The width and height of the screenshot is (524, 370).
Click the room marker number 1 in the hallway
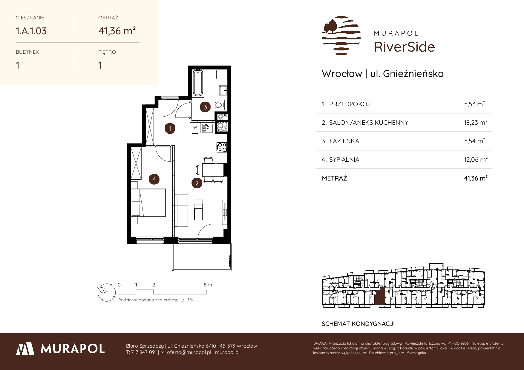coord(170,129)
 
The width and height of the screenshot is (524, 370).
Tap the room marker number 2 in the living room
coord(197,183)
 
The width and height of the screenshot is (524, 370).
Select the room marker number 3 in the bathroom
coord(205,107)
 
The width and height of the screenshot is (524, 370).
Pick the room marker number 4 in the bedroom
coord(154,179)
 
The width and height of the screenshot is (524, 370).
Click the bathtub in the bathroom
coord(198,84)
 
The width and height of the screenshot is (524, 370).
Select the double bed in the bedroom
coord(148,202)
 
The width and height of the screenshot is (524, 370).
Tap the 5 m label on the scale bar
coord(208,285)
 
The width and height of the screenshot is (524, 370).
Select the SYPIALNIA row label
coord(341,160)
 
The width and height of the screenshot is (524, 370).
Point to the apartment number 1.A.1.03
coord(31,31)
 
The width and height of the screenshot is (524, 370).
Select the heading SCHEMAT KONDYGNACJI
coord(358,324)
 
